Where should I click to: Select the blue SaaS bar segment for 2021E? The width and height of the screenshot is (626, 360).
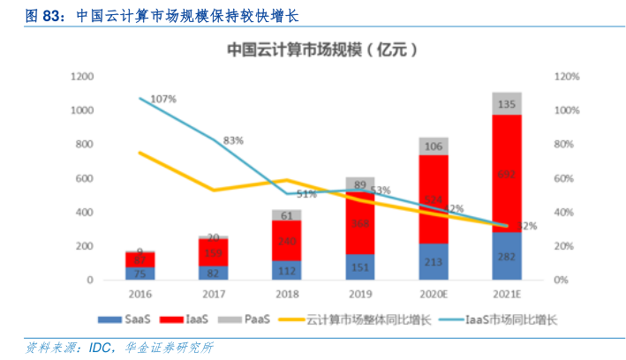[x=507, y=257]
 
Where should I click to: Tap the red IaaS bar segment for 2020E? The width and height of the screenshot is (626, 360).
[x=434, y=199]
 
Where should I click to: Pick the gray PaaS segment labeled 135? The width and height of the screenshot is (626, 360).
[x=507, y=103]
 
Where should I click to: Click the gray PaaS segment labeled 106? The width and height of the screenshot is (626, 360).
[x=434, y=146]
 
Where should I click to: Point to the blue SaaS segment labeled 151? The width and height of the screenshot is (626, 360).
[x=360, y=267]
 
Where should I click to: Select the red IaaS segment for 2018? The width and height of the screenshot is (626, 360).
[x=287, y=240]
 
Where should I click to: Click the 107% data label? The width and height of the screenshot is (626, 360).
[x=164, y=98]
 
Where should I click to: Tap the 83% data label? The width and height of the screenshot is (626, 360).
[x=233, y=140]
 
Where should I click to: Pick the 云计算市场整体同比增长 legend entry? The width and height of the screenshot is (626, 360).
[x=365, y=319]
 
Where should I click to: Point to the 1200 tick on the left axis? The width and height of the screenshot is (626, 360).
[x=81, y=77]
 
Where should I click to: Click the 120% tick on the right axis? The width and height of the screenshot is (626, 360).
[x=567, y=77]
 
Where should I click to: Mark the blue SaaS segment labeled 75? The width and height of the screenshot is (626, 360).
[x=140, y=274]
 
